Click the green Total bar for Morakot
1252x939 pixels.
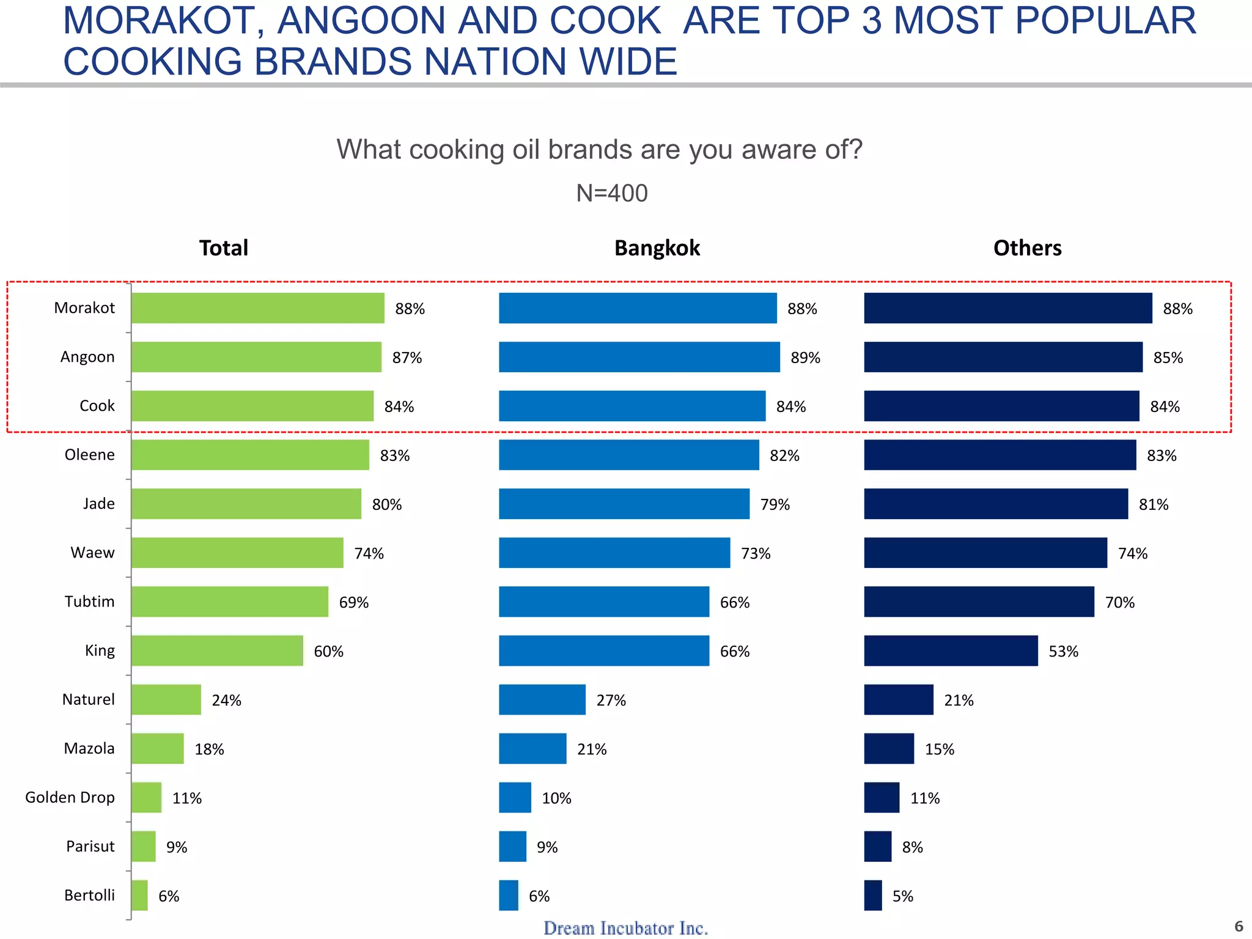click(x=257, y=308)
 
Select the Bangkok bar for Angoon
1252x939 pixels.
click(x=639, y=357)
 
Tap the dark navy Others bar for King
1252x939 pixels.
click(x=951, y=650)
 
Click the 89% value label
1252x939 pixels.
click(x=805, y=358)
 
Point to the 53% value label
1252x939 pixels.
click(x=1063, y=652)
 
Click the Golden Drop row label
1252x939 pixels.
click(x=70, y=797)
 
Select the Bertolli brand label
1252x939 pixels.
click(x=89, y=895)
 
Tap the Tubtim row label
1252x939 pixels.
click(x=89, y=602)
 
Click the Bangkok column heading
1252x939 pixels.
click(x=657, y=248)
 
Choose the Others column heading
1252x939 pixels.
click(x=1027, y=248)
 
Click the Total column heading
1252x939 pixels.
click(x=223, y=248)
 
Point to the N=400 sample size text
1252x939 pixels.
click(x=611, y=193)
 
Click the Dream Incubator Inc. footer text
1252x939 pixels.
click(x=625, y=928)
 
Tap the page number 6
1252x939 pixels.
click(x=1239, y=926)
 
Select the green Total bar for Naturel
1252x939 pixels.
click(x=166, y=699)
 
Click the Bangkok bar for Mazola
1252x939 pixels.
click(x=532, y=748)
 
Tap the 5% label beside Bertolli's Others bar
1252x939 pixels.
click(x=902, y=896)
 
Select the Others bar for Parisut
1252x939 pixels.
click(x=877, y=846)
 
